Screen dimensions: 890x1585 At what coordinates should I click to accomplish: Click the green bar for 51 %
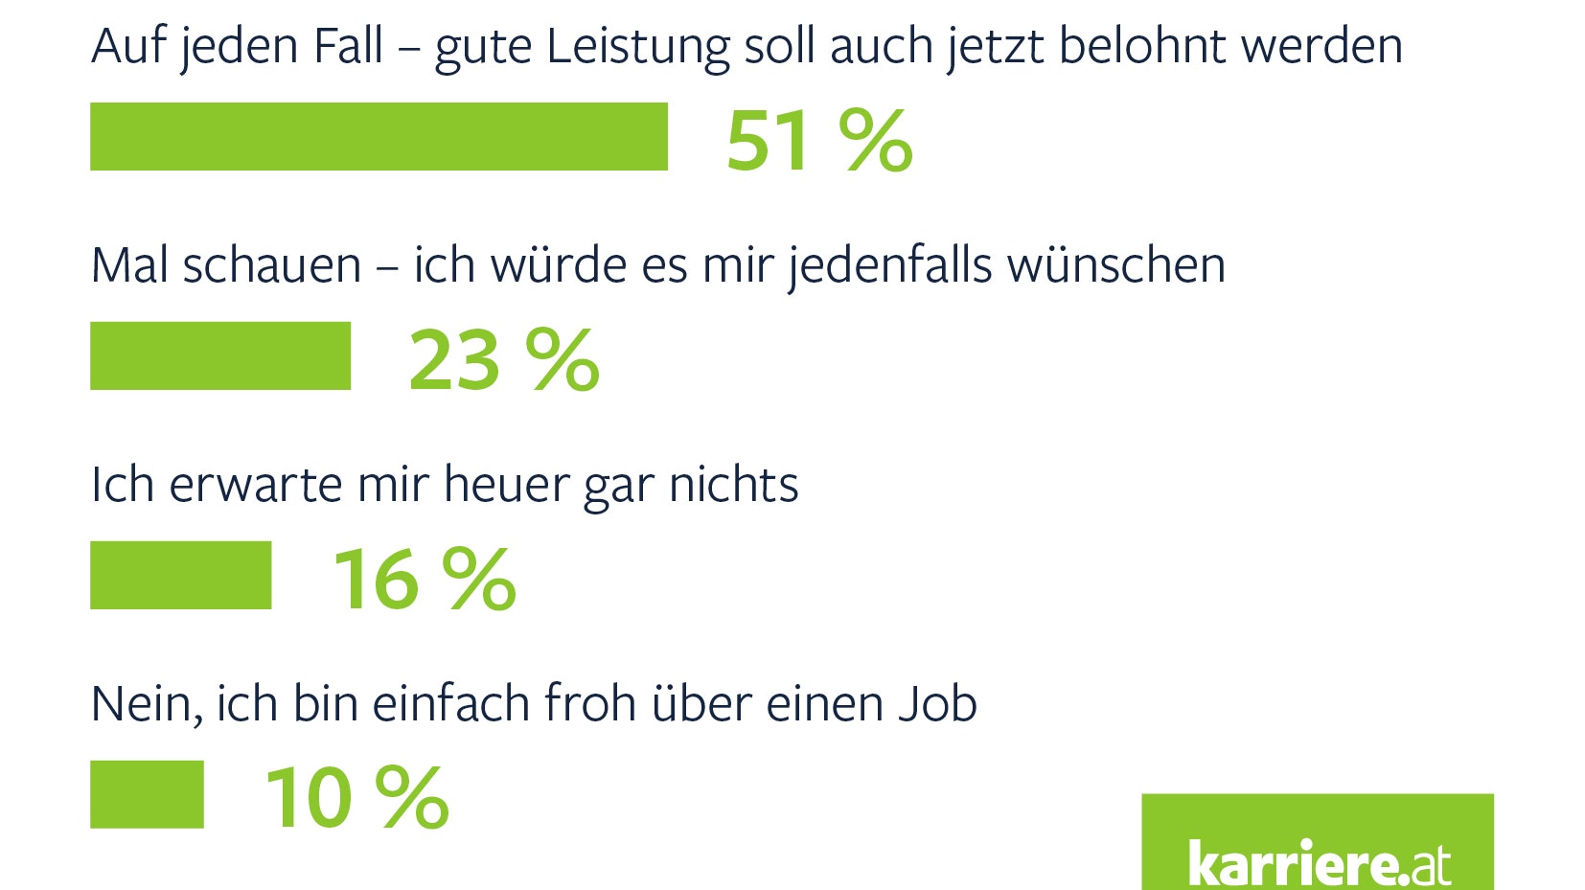(379, 136)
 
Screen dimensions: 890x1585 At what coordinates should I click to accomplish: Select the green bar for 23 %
(220, 355)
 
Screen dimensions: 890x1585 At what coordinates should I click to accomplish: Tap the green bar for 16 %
(180, 575)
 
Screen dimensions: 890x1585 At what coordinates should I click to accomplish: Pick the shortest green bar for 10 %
(147, 794)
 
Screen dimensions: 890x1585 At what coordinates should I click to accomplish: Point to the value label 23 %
(504, 360)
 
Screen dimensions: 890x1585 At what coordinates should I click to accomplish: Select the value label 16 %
(425, 579)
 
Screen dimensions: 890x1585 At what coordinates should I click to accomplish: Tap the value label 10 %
(356, 797)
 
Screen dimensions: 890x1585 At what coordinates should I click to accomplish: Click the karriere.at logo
(1317, 844)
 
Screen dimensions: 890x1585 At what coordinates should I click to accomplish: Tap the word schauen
(271, 265)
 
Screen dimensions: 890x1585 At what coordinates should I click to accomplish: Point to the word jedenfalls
(889, 265)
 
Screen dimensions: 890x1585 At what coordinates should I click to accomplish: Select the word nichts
(733, 485)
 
